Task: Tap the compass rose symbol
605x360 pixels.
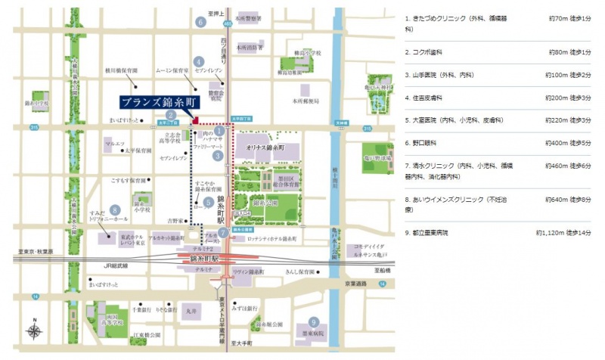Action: tap(34, 331)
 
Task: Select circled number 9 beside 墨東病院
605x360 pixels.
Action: tap(313, 321)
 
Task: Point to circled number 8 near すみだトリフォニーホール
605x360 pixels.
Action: tap(114, 210)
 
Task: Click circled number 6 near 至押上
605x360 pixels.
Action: tap(200, 23)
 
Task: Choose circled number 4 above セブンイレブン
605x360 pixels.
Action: tap(198, 62)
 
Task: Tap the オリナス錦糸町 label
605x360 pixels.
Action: tap(264, 151)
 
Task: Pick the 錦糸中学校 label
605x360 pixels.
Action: tap(36, 103)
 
